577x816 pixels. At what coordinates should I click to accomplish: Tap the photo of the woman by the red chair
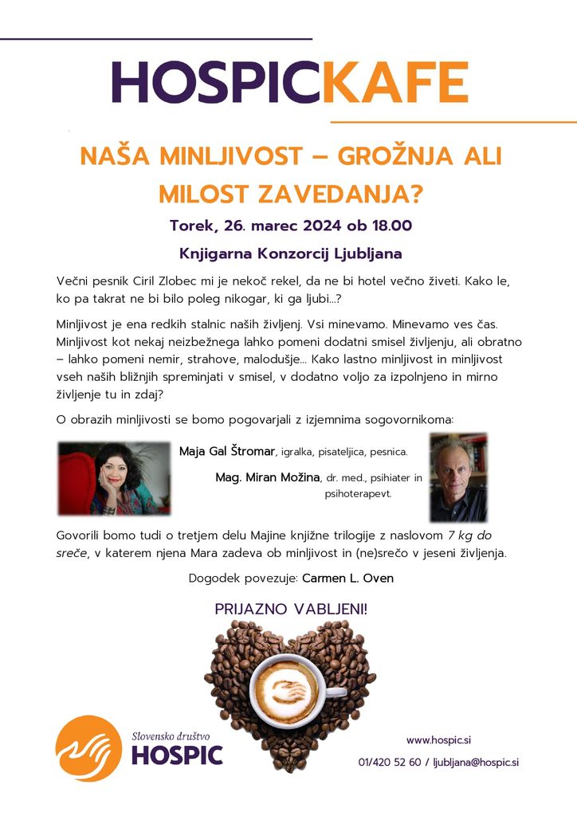click(x=114, y=478)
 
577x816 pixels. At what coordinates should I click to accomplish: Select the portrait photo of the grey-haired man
click(x=458, y=477)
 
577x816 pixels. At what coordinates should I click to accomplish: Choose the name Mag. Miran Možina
click(x=267, y=477)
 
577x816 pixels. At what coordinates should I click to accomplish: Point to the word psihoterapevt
click(x=358, y=494)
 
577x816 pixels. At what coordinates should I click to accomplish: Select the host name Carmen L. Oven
click(x=347, y=578)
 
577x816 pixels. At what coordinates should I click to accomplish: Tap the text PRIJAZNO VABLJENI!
click(x=291, y=610)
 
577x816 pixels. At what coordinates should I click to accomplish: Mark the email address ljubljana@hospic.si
click(x=476, y=762)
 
